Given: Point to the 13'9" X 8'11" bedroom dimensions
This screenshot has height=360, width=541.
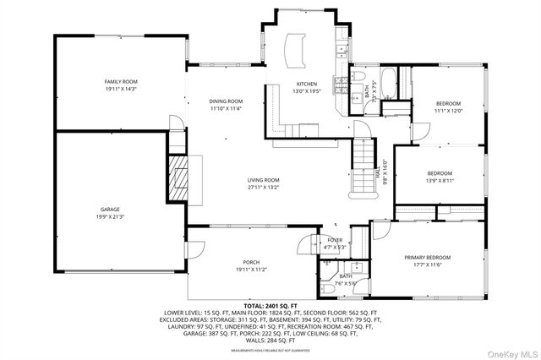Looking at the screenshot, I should point(440,180).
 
